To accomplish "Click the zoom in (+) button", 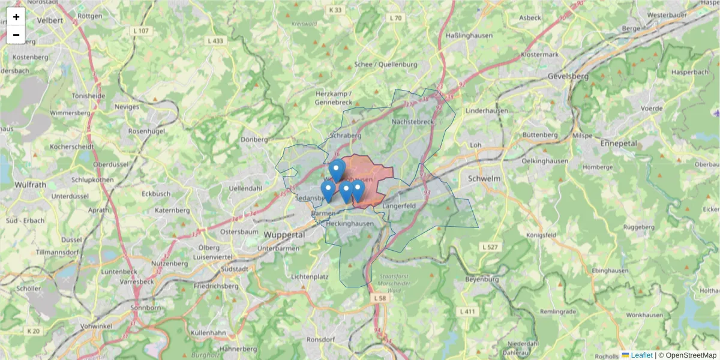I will pyautogui.click(x=16, y=17).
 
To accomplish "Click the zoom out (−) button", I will pyautogui.click(x=16, y=35).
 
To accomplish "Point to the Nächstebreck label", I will pyautogui.click(x=412, y=122).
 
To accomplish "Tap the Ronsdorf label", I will pyautogui.click(x=320, y=339).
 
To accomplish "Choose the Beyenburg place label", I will pyautogui.click(x=482, y=280).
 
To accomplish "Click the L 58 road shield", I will pyautogui.click(x=379, y=298).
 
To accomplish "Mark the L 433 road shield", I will pyautogui.click(x=215, y=41).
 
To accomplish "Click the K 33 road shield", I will pyautogui.click(x=335, y=10).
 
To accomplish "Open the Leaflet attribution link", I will pyautogui.click(x=640, y=355).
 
